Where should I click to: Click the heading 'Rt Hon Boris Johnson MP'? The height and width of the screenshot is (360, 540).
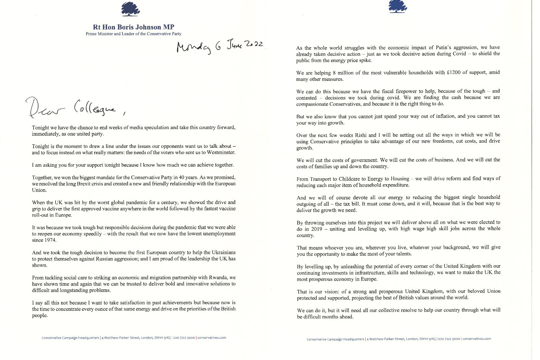click(x=134, y=27)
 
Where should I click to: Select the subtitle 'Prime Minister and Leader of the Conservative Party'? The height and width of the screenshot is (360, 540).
click(x=134, y=34)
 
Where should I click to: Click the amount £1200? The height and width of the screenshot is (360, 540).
click(x=453, y=73)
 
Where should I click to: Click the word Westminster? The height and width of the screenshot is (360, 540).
click(x=220, y=152)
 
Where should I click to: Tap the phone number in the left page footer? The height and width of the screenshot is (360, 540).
click(x=184, y=338)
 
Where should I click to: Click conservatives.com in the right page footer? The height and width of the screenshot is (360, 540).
click(x=477, y=339)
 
